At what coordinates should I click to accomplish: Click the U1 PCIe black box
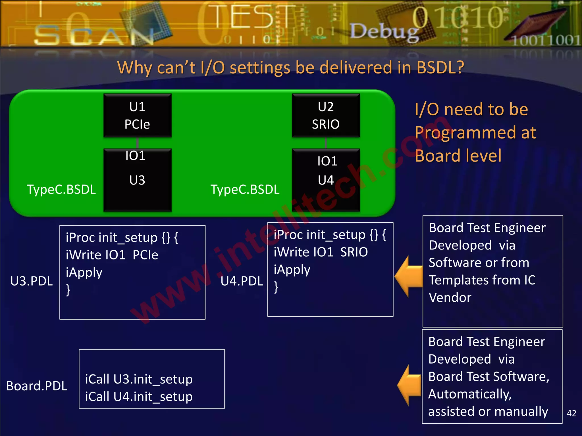pyautogui.click(x=138, y=116)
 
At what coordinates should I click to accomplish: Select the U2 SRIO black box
pyautogui.click(x=326, y=116)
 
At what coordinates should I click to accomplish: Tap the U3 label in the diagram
pyautogui.click(x=137, y=180)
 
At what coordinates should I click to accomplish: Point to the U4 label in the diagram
pyautogui.click(x=326, y=180)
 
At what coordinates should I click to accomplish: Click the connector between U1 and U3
pyautogui.click(x=137, y=143)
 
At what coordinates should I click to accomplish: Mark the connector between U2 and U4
pyautogui.click(x=326, y=143)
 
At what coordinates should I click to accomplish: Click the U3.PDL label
pyautogui.click(x=32, y=281)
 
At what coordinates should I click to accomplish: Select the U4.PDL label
pyautogui.click(x=242, y=281)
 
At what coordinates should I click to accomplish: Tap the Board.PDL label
pyautogui.click(x=37, y=386)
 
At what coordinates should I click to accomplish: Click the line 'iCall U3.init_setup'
pyautogui.click(x=139, y=379)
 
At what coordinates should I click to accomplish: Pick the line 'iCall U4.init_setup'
pyautogui.click(x=139, y=397)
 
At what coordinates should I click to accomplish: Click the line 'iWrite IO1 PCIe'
pyautogui.click(x=112, y=255)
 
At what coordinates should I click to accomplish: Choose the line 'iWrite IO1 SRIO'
pyautogui.click(x=321, y=252)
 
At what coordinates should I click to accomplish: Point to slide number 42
pyautogui.click(x=571, y=413)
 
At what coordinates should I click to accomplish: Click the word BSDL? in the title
pyautogui.click(x=440, y=68)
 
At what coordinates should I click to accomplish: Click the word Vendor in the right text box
pyautogui.click(x=450, y=297)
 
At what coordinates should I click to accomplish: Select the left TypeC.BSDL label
pyautogui.click(x=61, y=189)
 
